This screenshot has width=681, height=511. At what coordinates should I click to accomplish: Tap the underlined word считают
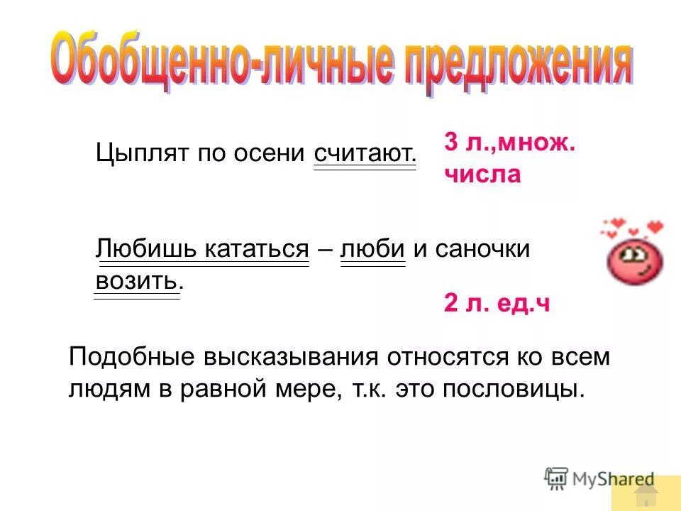click(x=365, y=153)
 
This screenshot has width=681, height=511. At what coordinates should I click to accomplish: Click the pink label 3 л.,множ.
click(x=510, y=142)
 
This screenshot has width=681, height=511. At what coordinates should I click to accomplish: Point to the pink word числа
click(x=482, y=174)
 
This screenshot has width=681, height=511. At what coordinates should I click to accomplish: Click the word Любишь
click(x=148, y=249)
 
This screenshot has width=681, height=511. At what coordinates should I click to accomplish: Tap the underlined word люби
click(x=373, y=249)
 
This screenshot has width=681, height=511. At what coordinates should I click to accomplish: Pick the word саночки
click(x=482, y=249)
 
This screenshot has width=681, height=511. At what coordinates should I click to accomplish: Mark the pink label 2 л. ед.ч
click(x=497, y=304)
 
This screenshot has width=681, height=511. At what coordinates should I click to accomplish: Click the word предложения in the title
click(x=514, y=66)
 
